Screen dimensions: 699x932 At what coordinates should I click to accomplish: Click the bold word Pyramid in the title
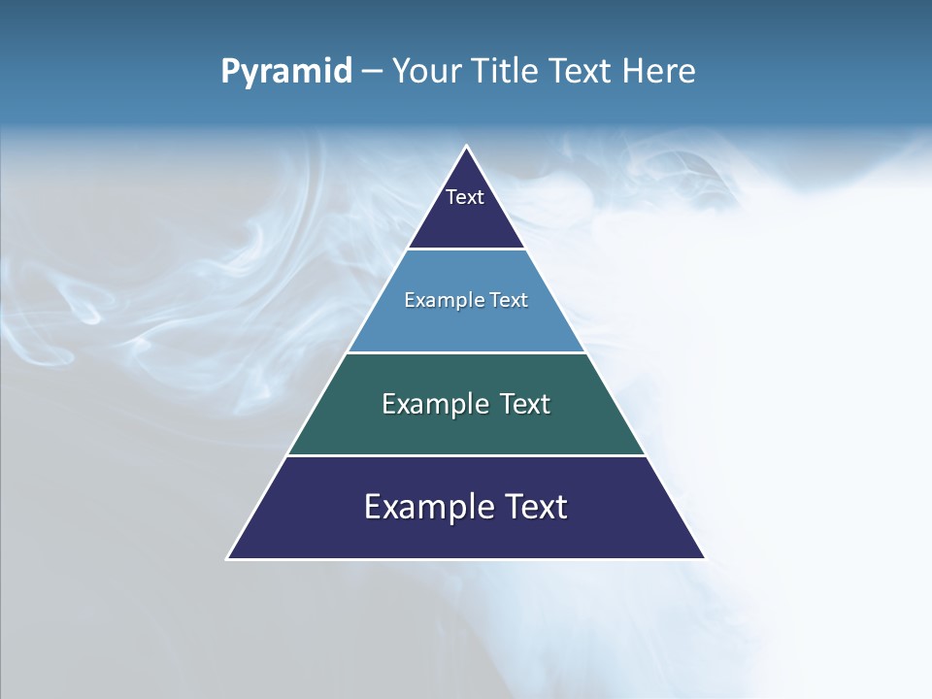tap(286, 71)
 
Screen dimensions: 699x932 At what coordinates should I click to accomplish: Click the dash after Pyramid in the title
tap(372, 72)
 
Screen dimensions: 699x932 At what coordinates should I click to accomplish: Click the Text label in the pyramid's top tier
tap(465, 197)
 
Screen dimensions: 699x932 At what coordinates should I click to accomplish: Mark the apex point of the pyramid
tap(466, 147)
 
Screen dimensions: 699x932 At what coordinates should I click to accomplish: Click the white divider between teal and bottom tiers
tap(466, 455)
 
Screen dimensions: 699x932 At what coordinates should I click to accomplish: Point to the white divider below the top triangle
tap(466, 250)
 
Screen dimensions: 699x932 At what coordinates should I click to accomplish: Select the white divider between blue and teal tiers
tap(466, 352)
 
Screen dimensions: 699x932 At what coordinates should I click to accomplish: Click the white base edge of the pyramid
tap(466, 559)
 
